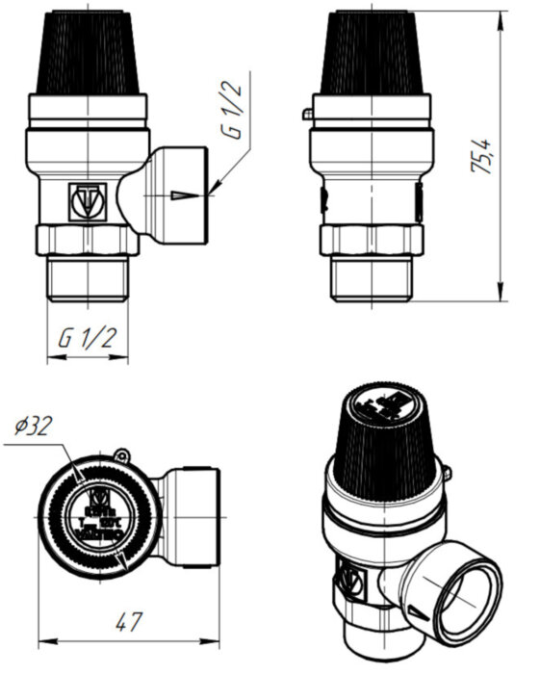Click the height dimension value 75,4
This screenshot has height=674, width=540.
click(x=482, y=156)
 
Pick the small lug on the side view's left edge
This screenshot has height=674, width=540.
click(x=307, y=115)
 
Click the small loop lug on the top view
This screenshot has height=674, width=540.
click(x=121, y=454)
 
